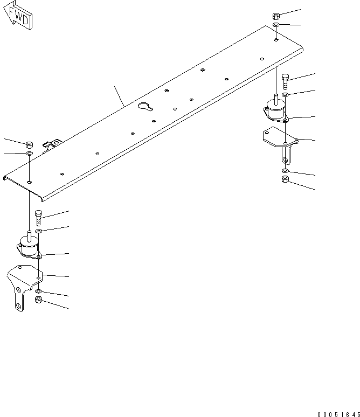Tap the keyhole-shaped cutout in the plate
(146, 107)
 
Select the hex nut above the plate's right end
(276, 16)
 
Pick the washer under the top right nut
(276, 25)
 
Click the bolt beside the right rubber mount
(285, 81)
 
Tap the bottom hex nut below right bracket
(285, 180)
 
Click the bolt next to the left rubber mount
(38, 218)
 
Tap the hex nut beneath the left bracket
(38, 301)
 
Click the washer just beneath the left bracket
(39, 291)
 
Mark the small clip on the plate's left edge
(53, 144)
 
